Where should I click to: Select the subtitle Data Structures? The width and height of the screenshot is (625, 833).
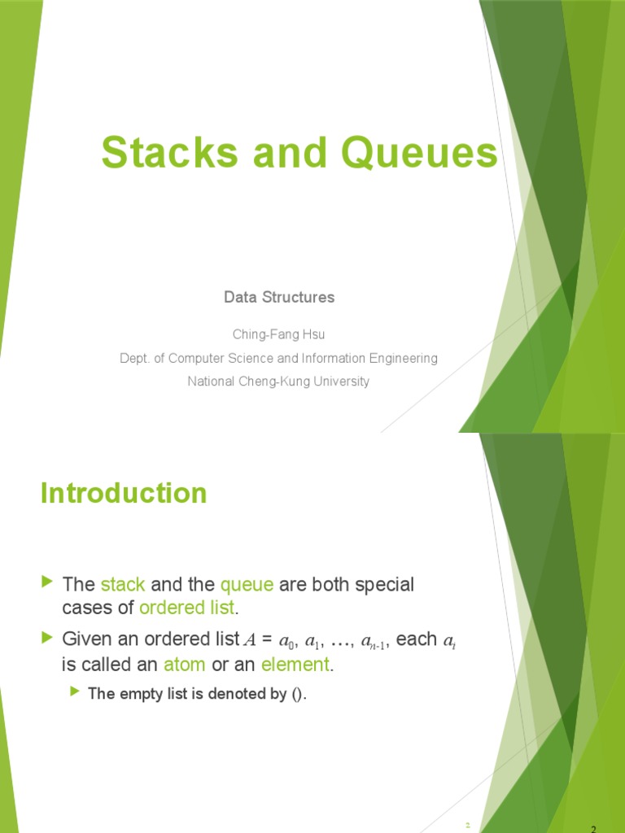pos(279,298)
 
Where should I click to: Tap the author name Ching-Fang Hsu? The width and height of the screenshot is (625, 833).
pos(279,334)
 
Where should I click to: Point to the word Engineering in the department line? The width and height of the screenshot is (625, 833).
pos(404,358)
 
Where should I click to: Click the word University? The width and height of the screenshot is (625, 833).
pos(340,382)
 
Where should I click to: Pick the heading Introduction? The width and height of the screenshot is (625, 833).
pos(124,493)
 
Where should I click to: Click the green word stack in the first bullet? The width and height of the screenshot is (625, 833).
pos(123,585)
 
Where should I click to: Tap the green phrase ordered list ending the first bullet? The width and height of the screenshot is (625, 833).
pos(187,608)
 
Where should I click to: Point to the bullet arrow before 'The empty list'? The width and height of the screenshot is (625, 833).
pos(75,691)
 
